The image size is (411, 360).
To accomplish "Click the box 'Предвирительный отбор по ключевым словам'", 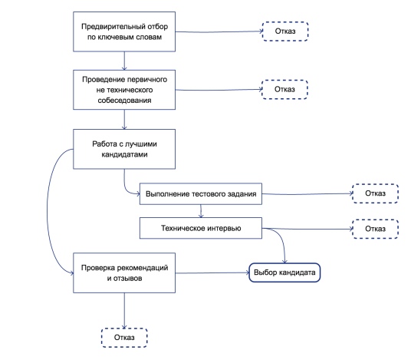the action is coord(124,31).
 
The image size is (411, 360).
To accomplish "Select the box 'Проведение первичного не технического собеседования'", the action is coord(124,90).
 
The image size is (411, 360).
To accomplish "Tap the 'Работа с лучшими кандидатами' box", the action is coord(124,149).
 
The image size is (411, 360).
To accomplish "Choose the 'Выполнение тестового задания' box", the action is coord(201,194).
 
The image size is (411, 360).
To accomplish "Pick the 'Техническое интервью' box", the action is coord(201,228).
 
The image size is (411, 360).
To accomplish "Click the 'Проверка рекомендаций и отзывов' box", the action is coord(124,273).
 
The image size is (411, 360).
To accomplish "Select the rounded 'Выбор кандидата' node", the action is coord(284,272).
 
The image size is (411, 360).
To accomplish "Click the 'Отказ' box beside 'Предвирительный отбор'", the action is coord(285,31).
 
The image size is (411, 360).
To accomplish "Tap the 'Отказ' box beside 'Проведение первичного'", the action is coord(284,90).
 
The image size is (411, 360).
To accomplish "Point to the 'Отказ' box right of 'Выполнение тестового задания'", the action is coord(376,193).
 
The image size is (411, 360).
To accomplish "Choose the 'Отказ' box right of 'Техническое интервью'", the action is coord(376,229).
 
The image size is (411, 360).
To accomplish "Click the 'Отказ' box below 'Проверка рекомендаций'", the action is coord(124,338).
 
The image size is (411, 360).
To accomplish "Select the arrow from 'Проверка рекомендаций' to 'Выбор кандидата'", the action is coord(212,273).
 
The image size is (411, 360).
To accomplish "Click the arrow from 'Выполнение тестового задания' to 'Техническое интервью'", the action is coord(201,211).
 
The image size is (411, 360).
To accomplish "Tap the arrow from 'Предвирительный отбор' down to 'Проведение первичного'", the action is coord(124,61).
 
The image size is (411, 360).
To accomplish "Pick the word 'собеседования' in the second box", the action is coord(124,101).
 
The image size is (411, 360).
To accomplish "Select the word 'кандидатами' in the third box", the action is coord(124,154).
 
